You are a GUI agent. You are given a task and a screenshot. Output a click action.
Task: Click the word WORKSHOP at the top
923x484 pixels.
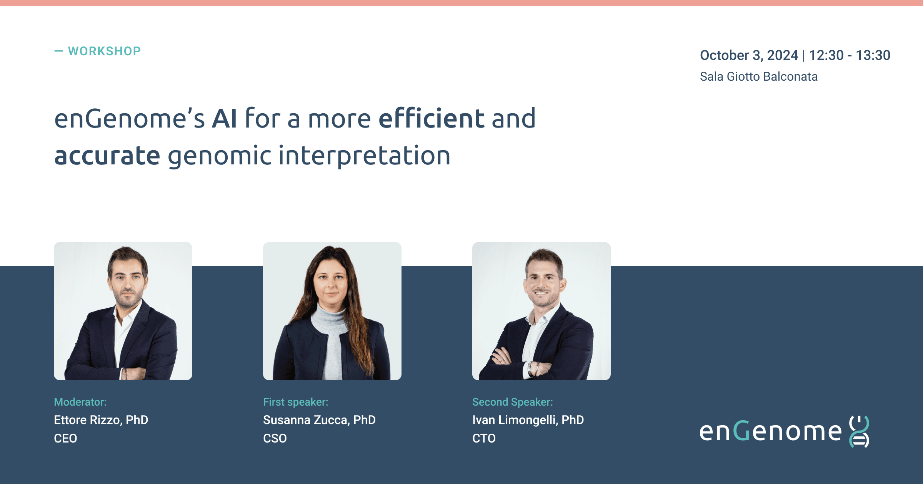pyautogui.click(x=104, y=51)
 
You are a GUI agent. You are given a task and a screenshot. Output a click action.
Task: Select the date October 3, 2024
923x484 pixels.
pyautogui.click(x=749, y=55)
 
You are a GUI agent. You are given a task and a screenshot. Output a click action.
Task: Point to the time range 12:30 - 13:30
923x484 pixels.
pyautogui.click(x=850, y=55)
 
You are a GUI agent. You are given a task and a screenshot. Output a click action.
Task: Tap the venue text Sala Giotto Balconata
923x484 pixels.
pyautogui.click(x=758, y=76)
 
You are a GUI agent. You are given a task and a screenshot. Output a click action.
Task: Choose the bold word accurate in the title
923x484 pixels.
pyautogui.click(x=107, y=156)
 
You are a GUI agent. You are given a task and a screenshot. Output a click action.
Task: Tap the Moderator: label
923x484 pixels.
pyautogui.click(x=80, y=402)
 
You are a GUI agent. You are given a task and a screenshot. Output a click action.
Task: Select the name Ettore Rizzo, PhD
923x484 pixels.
pyautogui.click(x=101, y=420)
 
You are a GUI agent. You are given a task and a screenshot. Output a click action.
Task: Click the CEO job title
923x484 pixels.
pyautogui.click(x=65, y=438)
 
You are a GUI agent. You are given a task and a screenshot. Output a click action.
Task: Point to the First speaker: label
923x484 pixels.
pyautogui.click(x=295, y=402)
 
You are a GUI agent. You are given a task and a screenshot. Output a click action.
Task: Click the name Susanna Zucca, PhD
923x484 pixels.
pyautogui.click(x=319, y=420)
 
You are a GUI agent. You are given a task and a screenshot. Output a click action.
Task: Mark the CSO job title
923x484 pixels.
pyautogui.click(x=275, y=438)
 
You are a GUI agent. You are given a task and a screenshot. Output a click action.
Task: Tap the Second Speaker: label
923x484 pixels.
pyautogui.click(x=512, y=402)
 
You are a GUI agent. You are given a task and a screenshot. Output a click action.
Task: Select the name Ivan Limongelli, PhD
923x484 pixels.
pyautogui.click(x=528, y=420)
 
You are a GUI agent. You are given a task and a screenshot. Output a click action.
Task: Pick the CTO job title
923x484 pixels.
pyautogui.click(x=484, y=438)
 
